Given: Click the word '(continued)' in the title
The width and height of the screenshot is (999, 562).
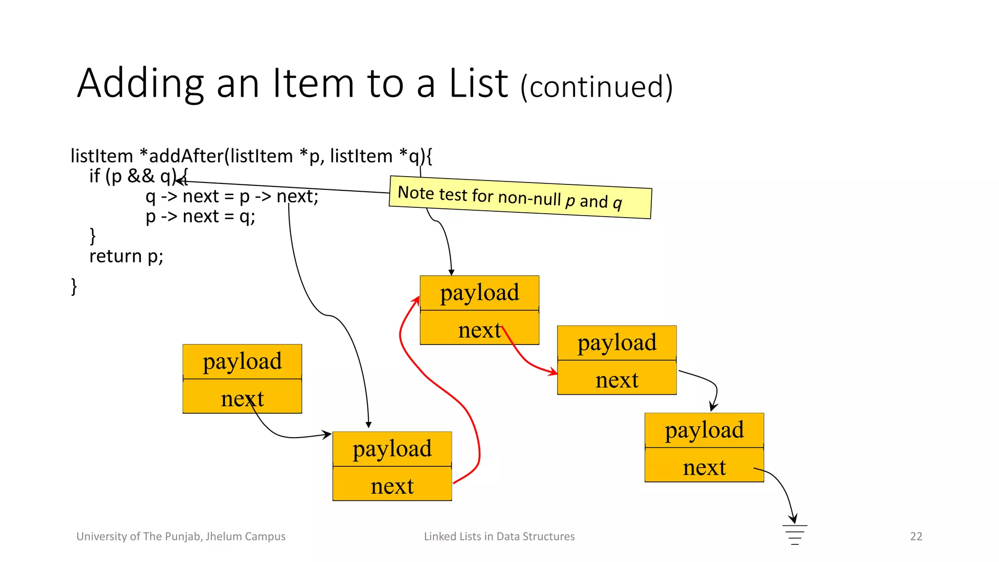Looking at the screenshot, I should (x=596, y=87).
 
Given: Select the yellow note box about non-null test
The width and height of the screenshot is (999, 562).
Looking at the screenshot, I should (x=520, y=198).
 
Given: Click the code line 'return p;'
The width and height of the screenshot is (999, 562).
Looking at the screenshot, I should (x=126, y=256).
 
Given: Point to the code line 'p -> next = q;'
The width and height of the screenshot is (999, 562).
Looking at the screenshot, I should (x=200, y=216).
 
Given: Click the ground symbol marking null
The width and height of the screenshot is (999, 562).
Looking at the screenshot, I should (x=795, y=534).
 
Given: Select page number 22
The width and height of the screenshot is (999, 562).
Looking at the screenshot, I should (x=916, y=537).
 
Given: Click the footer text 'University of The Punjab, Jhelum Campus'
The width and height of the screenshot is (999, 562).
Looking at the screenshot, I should (x=181, y=537).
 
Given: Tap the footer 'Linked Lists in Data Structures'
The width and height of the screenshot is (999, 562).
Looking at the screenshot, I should (x=499, y=537).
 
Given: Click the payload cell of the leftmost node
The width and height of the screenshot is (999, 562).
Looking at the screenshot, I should (x=242, y=361).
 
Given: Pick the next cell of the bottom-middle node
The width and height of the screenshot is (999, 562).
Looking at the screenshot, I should (x=392, y=486).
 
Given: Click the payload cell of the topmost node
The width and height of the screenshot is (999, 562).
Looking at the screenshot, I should (x=479, y=293).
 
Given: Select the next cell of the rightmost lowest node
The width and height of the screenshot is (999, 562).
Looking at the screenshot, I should (x=704, y=467).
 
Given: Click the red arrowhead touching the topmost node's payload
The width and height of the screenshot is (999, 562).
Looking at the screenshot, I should (x=417, y=300).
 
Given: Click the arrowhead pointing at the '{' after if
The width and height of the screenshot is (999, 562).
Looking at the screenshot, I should (x=180, y=181).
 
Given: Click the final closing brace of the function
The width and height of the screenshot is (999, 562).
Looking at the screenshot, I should (x=74, y=286).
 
